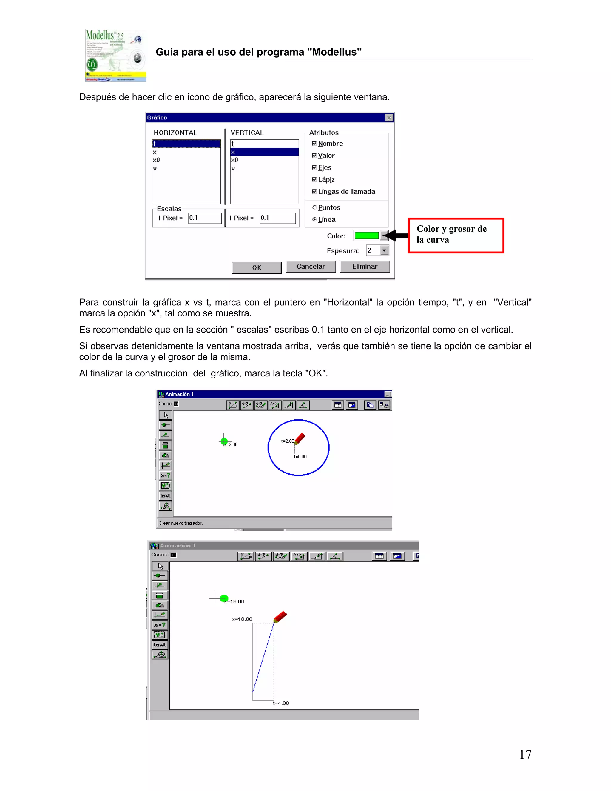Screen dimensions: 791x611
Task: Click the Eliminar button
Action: click(365, 266)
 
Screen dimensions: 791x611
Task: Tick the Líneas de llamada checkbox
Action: click(314, 191)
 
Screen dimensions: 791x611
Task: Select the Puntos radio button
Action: click(314, 207)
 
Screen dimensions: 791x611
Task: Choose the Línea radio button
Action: click(314, 219)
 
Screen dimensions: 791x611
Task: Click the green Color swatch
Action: click(366, 236)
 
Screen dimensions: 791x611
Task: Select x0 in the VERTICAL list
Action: click(234, 160)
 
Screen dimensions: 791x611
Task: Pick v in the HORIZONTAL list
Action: click(155, 168)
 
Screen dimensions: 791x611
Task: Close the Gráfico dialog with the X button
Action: click(389, 118)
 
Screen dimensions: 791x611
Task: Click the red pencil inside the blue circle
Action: click(300, 438)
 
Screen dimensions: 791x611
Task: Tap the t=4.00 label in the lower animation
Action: click(280, 703)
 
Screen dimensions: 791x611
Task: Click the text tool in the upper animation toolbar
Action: click(165, 495)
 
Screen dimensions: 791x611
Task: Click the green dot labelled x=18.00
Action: click(224, 598)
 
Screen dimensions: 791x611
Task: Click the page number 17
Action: click(525, 754)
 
